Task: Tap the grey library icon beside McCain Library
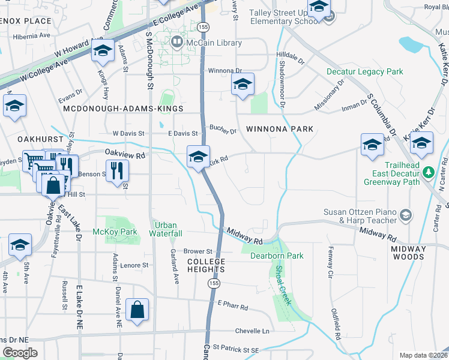pyautogui.click(x=176, y=43)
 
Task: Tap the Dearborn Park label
pyautogui.click(x=277, y=256)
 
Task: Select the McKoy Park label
pyautogui.click(x=115, y=232)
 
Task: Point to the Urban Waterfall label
pyautogui.click(x=166, y=229)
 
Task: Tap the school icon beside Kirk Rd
pyautogui.click(x=198, y=157)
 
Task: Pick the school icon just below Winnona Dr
pyautogui.click(x=243, y=85)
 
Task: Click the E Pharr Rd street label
pyautogui.click(x=233, y=307)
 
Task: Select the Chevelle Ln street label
pyautogui.click(x=253, y=331)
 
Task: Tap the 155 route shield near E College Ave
pyautogui.click(x=203, y=27)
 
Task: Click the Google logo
pyautogui.click(x=19, y=353)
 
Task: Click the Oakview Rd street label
pyautogui.click(x=125, y=154)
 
